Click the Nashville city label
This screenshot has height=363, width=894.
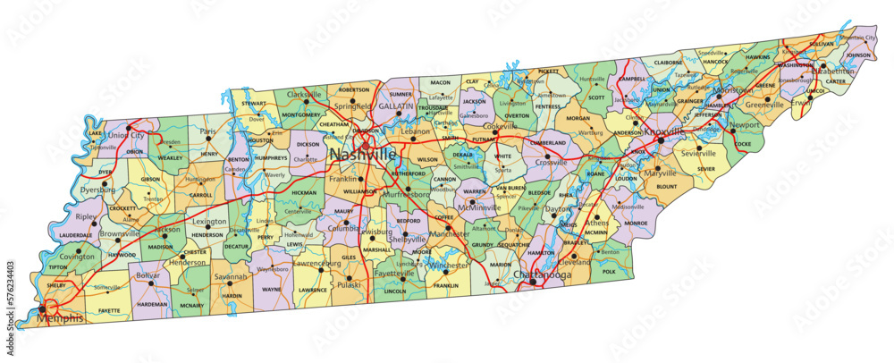pos(362,155)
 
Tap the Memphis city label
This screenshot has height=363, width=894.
pos(61,318)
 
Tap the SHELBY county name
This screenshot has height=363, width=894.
pos(55,286)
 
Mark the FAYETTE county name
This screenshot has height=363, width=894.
pos(108,310)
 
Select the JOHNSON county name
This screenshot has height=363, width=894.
pos(856,55)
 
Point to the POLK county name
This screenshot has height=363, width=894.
pos(610,271)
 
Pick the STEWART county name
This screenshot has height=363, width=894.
pos(254,104)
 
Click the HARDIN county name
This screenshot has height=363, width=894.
pos(232,295)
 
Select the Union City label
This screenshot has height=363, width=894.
pos(126,135)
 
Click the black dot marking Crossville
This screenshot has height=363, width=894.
pos(549,156)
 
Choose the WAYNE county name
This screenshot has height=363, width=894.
pos(272,290)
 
